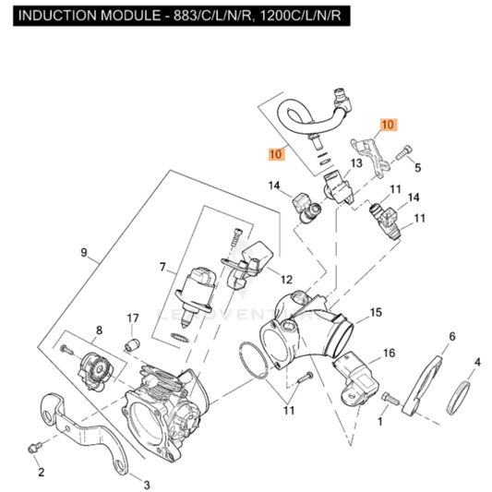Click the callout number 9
(x=83, y=252)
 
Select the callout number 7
(x=162, y=268)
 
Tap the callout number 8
(x=98, y=330)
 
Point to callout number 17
(x=132, y=319)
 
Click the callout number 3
(x=144, y=482)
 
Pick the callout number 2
(x=41, y=473)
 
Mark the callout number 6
(x=451, y=336)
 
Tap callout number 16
(x=389, y=353)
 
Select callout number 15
(x=376, y=314)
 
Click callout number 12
(x=286, y=279)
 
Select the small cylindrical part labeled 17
(x=131, y=344)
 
